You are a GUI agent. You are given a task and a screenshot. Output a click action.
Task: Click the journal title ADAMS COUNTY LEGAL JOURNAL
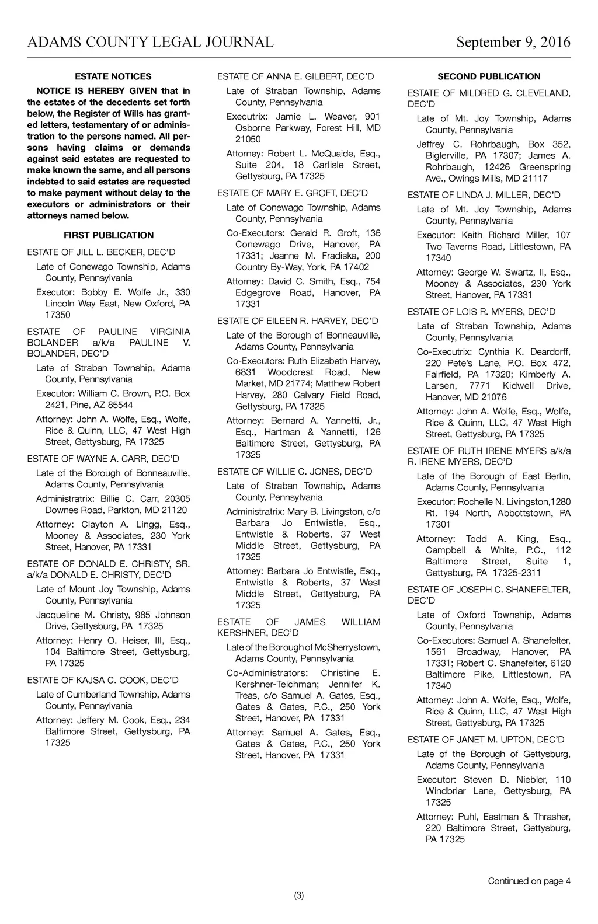click(150, 42)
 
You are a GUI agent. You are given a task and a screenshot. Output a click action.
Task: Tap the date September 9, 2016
click(513, 42)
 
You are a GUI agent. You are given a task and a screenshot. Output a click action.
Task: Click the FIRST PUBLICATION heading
click(109, 235)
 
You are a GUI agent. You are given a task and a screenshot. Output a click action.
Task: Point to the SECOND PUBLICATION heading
click(489, 76)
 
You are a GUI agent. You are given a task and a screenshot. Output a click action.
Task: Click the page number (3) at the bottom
click(299, 896)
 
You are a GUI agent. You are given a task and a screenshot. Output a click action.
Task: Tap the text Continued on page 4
click(529, 881)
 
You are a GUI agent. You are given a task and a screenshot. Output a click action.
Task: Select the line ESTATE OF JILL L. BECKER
click(101, 252)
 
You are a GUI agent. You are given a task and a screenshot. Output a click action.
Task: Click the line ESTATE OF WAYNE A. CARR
click(103, 459)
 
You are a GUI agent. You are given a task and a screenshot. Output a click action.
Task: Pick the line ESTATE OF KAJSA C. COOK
click(103, 680)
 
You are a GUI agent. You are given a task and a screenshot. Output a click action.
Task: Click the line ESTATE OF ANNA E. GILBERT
click(295, 76)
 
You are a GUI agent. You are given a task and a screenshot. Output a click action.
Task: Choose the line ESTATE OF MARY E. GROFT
click(292, 193)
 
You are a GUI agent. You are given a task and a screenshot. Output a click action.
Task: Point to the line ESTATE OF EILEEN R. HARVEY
click(298, 321)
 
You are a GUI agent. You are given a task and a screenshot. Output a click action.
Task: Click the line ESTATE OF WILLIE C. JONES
click(294, 472)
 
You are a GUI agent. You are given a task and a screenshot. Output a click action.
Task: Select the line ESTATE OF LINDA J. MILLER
click(484, 195)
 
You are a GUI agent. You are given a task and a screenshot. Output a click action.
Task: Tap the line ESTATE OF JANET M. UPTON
click(486, 740)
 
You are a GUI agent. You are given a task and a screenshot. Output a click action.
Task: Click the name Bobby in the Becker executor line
click(93, 292)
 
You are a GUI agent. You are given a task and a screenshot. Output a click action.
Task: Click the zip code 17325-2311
click(516, 573)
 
